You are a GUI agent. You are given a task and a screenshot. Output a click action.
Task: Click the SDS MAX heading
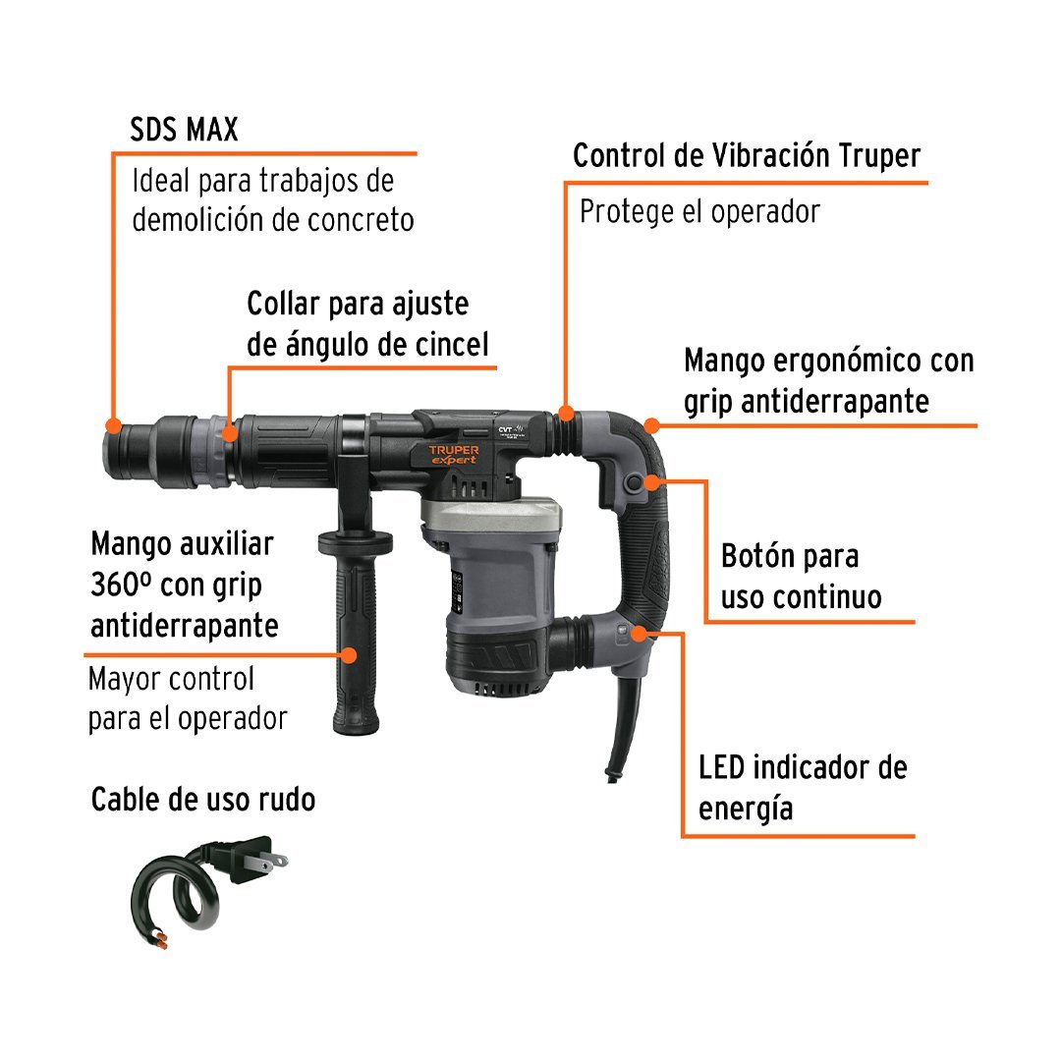pos(184,130)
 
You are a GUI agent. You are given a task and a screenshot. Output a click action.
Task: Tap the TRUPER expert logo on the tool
pos(453,455)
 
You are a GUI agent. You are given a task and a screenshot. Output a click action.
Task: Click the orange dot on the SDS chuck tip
pos(114,425)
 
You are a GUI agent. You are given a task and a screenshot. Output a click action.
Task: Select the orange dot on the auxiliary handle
pos(349,655)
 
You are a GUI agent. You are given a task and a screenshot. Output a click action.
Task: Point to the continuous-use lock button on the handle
pos(634,482)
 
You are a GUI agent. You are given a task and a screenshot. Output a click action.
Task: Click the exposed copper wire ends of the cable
pos(161,940)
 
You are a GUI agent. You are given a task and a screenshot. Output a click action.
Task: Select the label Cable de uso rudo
pos(203,799)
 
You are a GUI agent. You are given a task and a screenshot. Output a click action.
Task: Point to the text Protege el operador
pos(699,212)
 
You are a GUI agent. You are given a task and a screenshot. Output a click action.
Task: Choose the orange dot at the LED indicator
pos(640,634)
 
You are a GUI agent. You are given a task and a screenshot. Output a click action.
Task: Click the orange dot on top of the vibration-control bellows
pos(567,413)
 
